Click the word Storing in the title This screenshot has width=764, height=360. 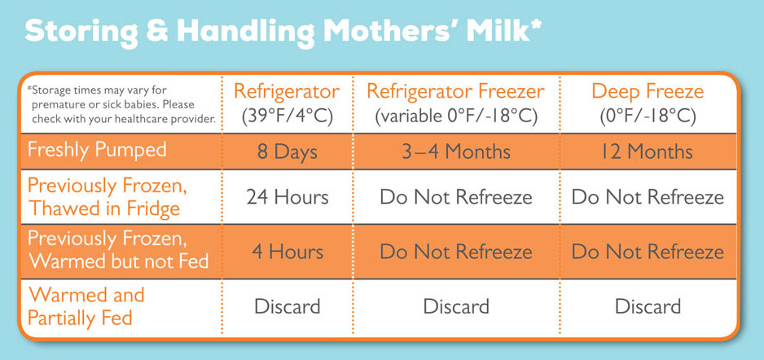coord(81,33)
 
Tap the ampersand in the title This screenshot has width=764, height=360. coord(158,31)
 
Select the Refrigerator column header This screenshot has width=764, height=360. coord(287,91)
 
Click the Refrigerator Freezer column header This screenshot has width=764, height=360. coord(455,91)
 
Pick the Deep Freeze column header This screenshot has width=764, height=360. coord(648,91)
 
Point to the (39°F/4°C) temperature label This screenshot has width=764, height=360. coord(287,117)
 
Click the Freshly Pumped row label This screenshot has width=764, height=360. coord(97,150)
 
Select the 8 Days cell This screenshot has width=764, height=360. coord(287,151)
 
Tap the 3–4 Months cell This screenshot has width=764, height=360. coord(455,151)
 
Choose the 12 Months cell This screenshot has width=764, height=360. coord(648,151)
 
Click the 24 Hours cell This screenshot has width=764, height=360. coord(287,197)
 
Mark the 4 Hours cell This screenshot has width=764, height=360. coord(287,252)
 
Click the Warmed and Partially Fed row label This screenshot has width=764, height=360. coord(86,306)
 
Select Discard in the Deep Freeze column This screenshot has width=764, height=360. coord(648,306)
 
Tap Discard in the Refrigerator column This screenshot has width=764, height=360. coord(287,306)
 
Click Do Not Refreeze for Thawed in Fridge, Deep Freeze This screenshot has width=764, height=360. coord(648,197)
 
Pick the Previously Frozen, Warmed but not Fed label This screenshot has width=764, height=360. coord(118,250)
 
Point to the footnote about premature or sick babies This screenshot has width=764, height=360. coord(121,104)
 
